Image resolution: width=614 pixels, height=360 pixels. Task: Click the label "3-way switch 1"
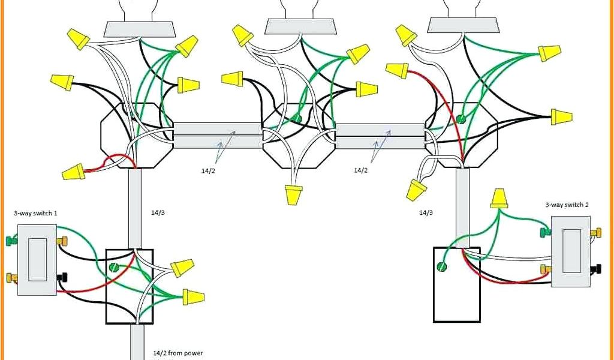[x=36, y=213]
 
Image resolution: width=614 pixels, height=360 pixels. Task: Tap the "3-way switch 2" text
[x=567, y=205]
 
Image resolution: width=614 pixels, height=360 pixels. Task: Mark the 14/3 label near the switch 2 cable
[x=426, y=212]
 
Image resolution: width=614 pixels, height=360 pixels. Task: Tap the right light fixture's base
[x=462, y=25]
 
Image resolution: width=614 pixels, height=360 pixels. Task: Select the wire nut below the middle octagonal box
[x=294, y=194]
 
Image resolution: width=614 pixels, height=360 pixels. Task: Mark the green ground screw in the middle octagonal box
[x=297, y=119]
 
